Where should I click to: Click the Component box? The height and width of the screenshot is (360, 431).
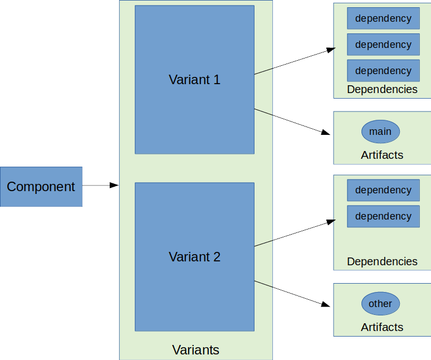41,187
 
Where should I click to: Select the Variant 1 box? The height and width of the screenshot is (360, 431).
194,80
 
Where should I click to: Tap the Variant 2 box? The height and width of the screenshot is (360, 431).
194,257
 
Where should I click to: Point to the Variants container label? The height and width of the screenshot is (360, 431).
195,350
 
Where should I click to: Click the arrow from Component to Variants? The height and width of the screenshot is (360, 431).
100,186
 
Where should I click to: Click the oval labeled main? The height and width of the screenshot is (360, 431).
380,132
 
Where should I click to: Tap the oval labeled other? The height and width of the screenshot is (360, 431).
380,304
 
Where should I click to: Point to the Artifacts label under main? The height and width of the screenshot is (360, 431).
382,155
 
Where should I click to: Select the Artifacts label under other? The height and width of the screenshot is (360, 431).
382,327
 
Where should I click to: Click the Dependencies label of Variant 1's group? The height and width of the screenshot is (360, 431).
382,89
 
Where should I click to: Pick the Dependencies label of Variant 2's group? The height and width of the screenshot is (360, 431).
382,261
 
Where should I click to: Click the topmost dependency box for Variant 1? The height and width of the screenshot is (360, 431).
383,18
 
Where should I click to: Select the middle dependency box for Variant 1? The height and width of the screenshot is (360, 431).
383,45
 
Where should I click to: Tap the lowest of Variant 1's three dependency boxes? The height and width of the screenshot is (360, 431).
383,71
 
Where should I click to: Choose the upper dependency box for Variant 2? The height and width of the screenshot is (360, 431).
383,190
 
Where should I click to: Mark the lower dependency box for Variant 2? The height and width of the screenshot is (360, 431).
383,216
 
